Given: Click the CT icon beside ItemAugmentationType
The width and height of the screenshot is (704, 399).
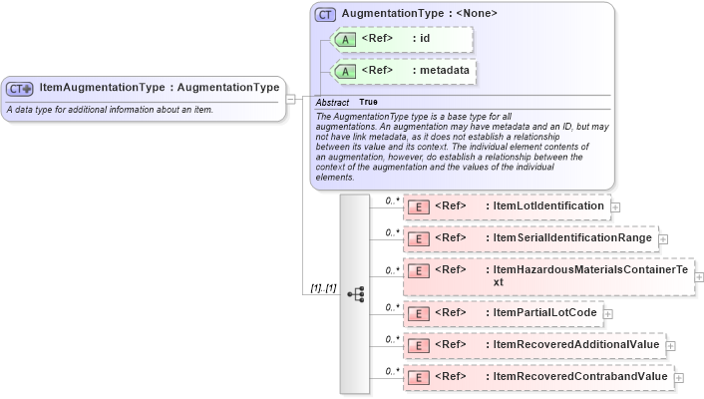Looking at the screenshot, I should coord(20,88).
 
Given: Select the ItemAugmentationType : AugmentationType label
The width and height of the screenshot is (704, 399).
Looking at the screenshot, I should coord(160,88).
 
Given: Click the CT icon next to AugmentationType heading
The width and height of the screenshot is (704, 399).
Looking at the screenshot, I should coord(325,15).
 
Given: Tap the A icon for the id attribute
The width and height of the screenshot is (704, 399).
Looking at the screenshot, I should coord(344,39).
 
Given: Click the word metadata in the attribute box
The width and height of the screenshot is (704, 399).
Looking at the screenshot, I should coord(444,71).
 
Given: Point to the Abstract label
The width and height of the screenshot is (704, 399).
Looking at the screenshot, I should coord(332,102).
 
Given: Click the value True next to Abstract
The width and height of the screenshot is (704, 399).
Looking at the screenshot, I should coord(368,102).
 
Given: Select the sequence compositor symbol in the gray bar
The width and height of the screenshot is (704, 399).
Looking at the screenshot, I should coord(355,294).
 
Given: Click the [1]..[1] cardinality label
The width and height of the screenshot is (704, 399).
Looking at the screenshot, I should coord(322,288).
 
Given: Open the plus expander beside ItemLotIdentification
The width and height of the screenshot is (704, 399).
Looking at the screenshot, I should coord(615,207).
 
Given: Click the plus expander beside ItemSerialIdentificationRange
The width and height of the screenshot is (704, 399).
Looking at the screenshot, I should coord(663,239).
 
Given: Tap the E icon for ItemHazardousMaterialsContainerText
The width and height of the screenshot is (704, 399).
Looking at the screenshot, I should coord(420,270).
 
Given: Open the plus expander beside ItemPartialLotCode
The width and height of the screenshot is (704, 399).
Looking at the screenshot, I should coord(608,314).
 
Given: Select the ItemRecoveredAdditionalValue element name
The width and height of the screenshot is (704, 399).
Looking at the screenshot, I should coord(575,345).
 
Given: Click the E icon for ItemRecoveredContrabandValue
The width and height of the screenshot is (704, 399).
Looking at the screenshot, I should coord(420,377).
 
